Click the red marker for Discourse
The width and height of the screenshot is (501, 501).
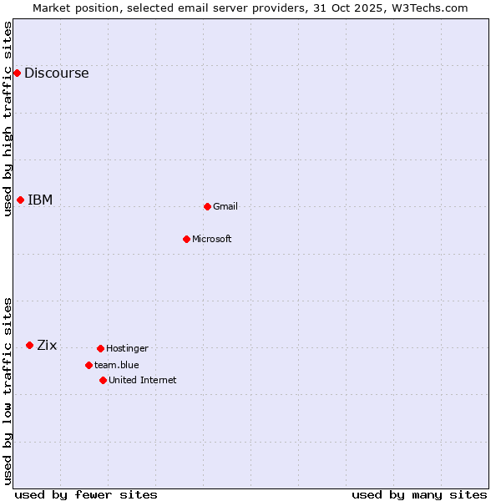click(x=17, y=73)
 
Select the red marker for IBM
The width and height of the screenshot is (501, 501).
click(x=20, y=200)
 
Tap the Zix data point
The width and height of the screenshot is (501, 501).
click(x=29, y=345)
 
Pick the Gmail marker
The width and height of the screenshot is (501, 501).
click(x=207, y=206)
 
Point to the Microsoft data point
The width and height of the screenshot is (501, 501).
click(x=186, y=239)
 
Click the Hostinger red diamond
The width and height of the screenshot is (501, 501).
click(x=100, y=348)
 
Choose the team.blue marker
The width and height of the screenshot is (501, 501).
click(x=89, y=365)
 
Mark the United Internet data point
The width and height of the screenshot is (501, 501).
click(x=103, y=380)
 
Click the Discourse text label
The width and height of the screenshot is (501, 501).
click(x=56, y=73)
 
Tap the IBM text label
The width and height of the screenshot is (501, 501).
click(x=40, y=200)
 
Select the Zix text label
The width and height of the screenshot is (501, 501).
click(x=47, y=345)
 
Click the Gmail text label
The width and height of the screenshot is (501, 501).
click(x=225, y=206)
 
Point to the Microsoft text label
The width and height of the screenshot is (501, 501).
click(x=212, y=239)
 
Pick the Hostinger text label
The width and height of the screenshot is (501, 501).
click(x=127, y=348)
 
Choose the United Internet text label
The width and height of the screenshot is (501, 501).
click(x=143, y=380)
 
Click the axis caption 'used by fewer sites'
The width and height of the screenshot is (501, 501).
click(x=86, y=494)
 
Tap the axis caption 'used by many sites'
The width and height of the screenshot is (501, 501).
click(x=419, y=494)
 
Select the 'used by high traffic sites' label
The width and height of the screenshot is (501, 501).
click(x=8, y=119)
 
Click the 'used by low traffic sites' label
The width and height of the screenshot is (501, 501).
click(x=8, y=391)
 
